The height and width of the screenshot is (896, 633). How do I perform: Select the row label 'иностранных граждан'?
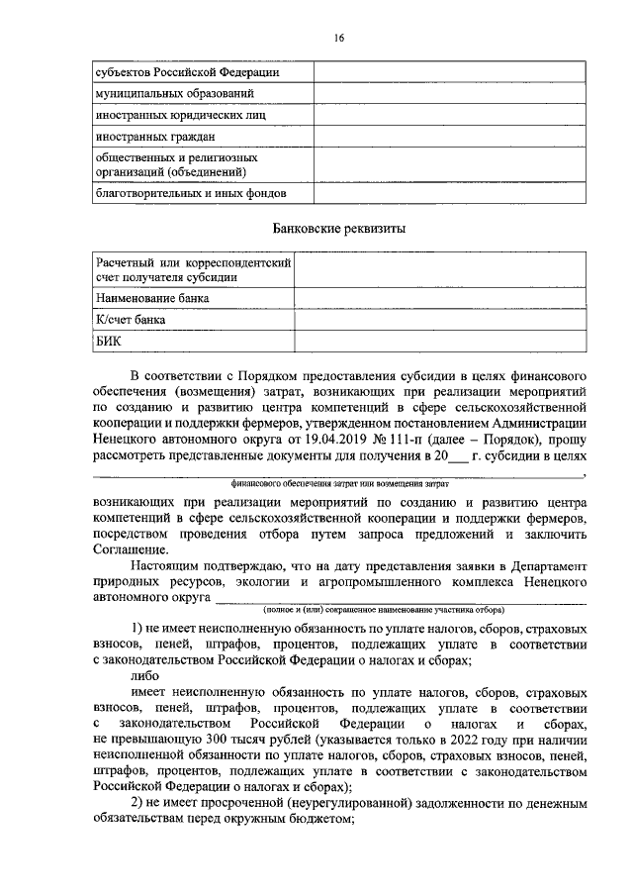pos(154,136)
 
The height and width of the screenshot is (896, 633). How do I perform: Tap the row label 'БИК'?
pos(107,342)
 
